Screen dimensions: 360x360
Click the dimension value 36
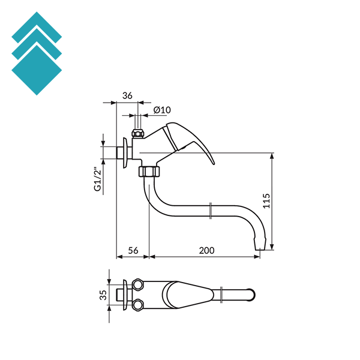127,95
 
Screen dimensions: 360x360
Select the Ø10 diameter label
162,110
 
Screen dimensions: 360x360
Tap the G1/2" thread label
98,180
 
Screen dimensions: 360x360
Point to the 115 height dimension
266,201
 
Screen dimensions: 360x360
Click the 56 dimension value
133,250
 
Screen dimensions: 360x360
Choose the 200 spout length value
206,250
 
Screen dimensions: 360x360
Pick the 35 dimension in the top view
103,295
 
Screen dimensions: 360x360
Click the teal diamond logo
37,53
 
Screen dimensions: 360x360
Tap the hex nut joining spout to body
149,172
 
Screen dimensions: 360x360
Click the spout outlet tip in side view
260,248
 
